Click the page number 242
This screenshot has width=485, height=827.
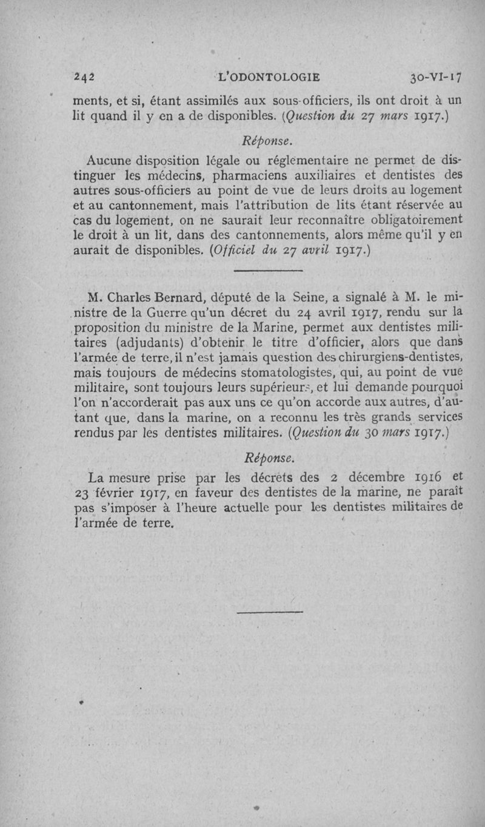[85, 78]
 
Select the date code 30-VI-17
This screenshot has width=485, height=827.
[435, 78]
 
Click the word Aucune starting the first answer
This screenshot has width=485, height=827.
[107, 161]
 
